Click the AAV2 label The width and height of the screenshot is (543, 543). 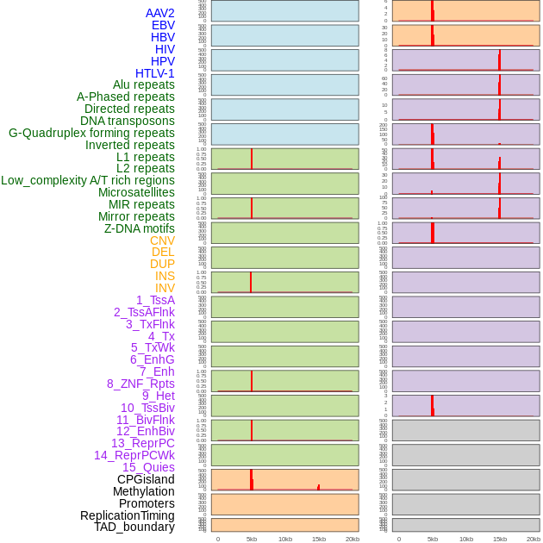[x=159, y=13]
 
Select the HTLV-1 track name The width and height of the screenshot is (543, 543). [x=154, y=73]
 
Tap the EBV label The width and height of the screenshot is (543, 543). [x=163, y=25]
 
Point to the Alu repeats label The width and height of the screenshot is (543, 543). [x=143, y=84]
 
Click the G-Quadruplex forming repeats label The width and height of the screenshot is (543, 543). [x=91, y=133]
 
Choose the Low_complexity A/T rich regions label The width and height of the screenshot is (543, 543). [x=87, y=180]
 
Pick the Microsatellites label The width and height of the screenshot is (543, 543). [x=136, y=192]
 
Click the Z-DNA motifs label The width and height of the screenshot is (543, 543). [x=140, y=228]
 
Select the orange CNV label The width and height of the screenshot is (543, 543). [x=162, y=240]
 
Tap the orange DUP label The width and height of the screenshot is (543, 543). [x=162, y=264]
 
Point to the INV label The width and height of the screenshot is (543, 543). [x=165, y=288]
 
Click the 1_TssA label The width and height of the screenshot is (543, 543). [x=155, y=300]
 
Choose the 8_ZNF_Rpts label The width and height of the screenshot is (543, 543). [x=140, y=384]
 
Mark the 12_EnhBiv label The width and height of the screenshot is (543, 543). [x=146, y=431]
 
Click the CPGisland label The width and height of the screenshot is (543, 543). [x=146, y=479]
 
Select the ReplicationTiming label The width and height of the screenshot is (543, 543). [x=128, y=515]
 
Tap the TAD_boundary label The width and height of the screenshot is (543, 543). [x=134, y=527]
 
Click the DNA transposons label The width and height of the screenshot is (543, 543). [x=128, y=121]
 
